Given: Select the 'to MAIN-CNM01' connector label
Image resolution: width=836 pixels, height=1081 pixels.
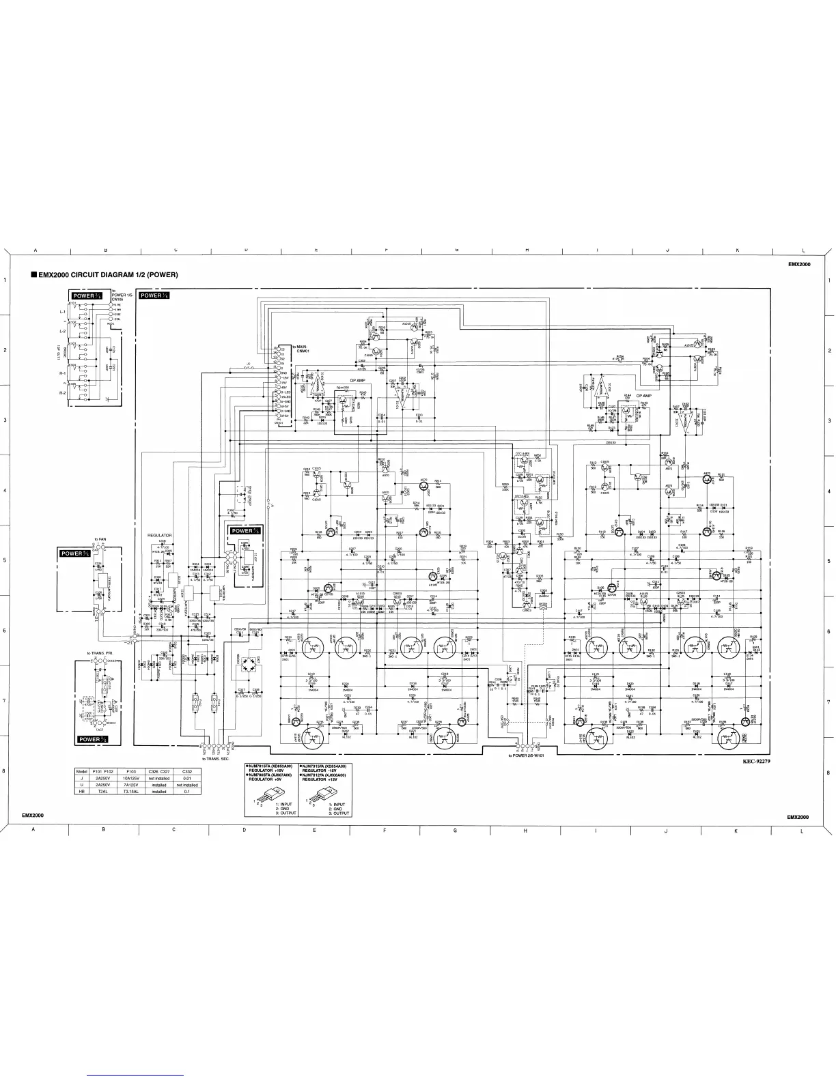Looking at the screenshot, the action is pos(301,349).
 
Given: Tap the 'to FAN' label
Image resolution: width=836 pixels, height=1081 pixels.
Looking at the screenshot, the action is pos(100,539).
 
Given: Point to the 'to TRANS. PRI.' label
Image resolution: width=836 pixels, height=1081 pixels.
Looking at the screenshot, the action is pos(100,653).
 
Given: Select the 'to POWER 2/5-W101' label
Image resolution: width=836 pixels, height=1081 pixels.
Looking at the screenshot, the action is pos(530,755).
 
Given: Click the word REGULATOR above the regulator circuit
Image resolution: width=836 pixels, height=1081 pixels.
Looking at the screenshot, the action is pos(161,536).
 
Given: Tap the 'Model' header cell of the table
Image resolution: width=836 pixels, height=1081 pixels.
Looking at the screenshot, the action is pos(83,771).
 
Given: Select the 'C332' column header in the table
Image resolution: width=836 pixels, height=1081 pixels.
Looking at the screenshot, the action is pos(187,771).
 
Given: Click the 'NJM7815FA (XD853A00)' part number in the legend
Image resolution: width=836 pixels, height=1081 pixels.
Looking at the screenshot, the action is pos(272,766).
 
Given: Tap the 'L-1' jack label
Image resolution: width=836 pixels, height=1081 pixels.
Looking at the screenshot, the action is pos(62,312).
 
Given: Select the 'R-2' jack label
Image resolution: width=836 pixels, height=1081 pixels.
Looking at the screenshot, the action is pos(62,393).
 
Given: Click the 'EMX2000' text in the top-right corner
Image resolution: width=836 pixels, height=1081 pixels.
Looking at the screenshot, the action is pos(798,264).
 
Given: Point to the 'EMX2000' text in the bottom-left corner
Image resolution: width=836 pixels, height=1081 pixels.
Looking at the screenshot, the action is pos(33,816).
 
